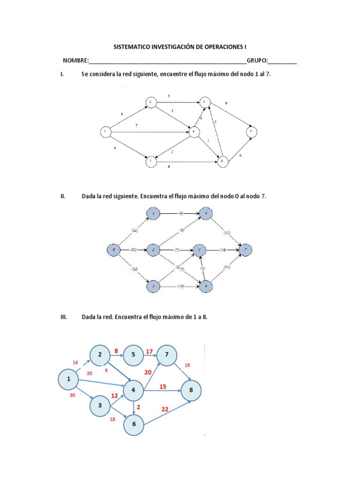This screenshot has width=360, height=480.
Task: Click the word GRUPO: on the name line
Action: pos(257,60)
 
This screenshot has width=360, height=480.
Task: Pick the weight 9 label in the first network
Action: pos(226,103)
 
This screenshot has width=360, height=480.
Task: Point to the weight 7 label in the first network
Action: pos(136,126)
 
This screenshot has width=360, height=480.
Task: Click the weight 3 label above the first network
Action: pos(169,96)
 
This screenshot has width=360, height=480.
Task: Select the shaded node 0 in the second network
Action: pos(113,250)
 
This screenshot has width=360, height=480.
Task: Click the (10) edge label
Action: pos(180,285)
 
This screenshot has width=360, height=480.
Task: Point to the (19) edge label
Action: pos(222,250)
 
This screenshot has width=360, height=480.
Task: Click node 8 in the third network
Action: pos(191,390)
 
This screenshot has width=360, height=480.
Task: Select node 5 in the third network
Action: pos(134,355)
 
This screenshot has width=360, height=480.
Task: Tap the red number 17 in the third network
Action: pos(149,351)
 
